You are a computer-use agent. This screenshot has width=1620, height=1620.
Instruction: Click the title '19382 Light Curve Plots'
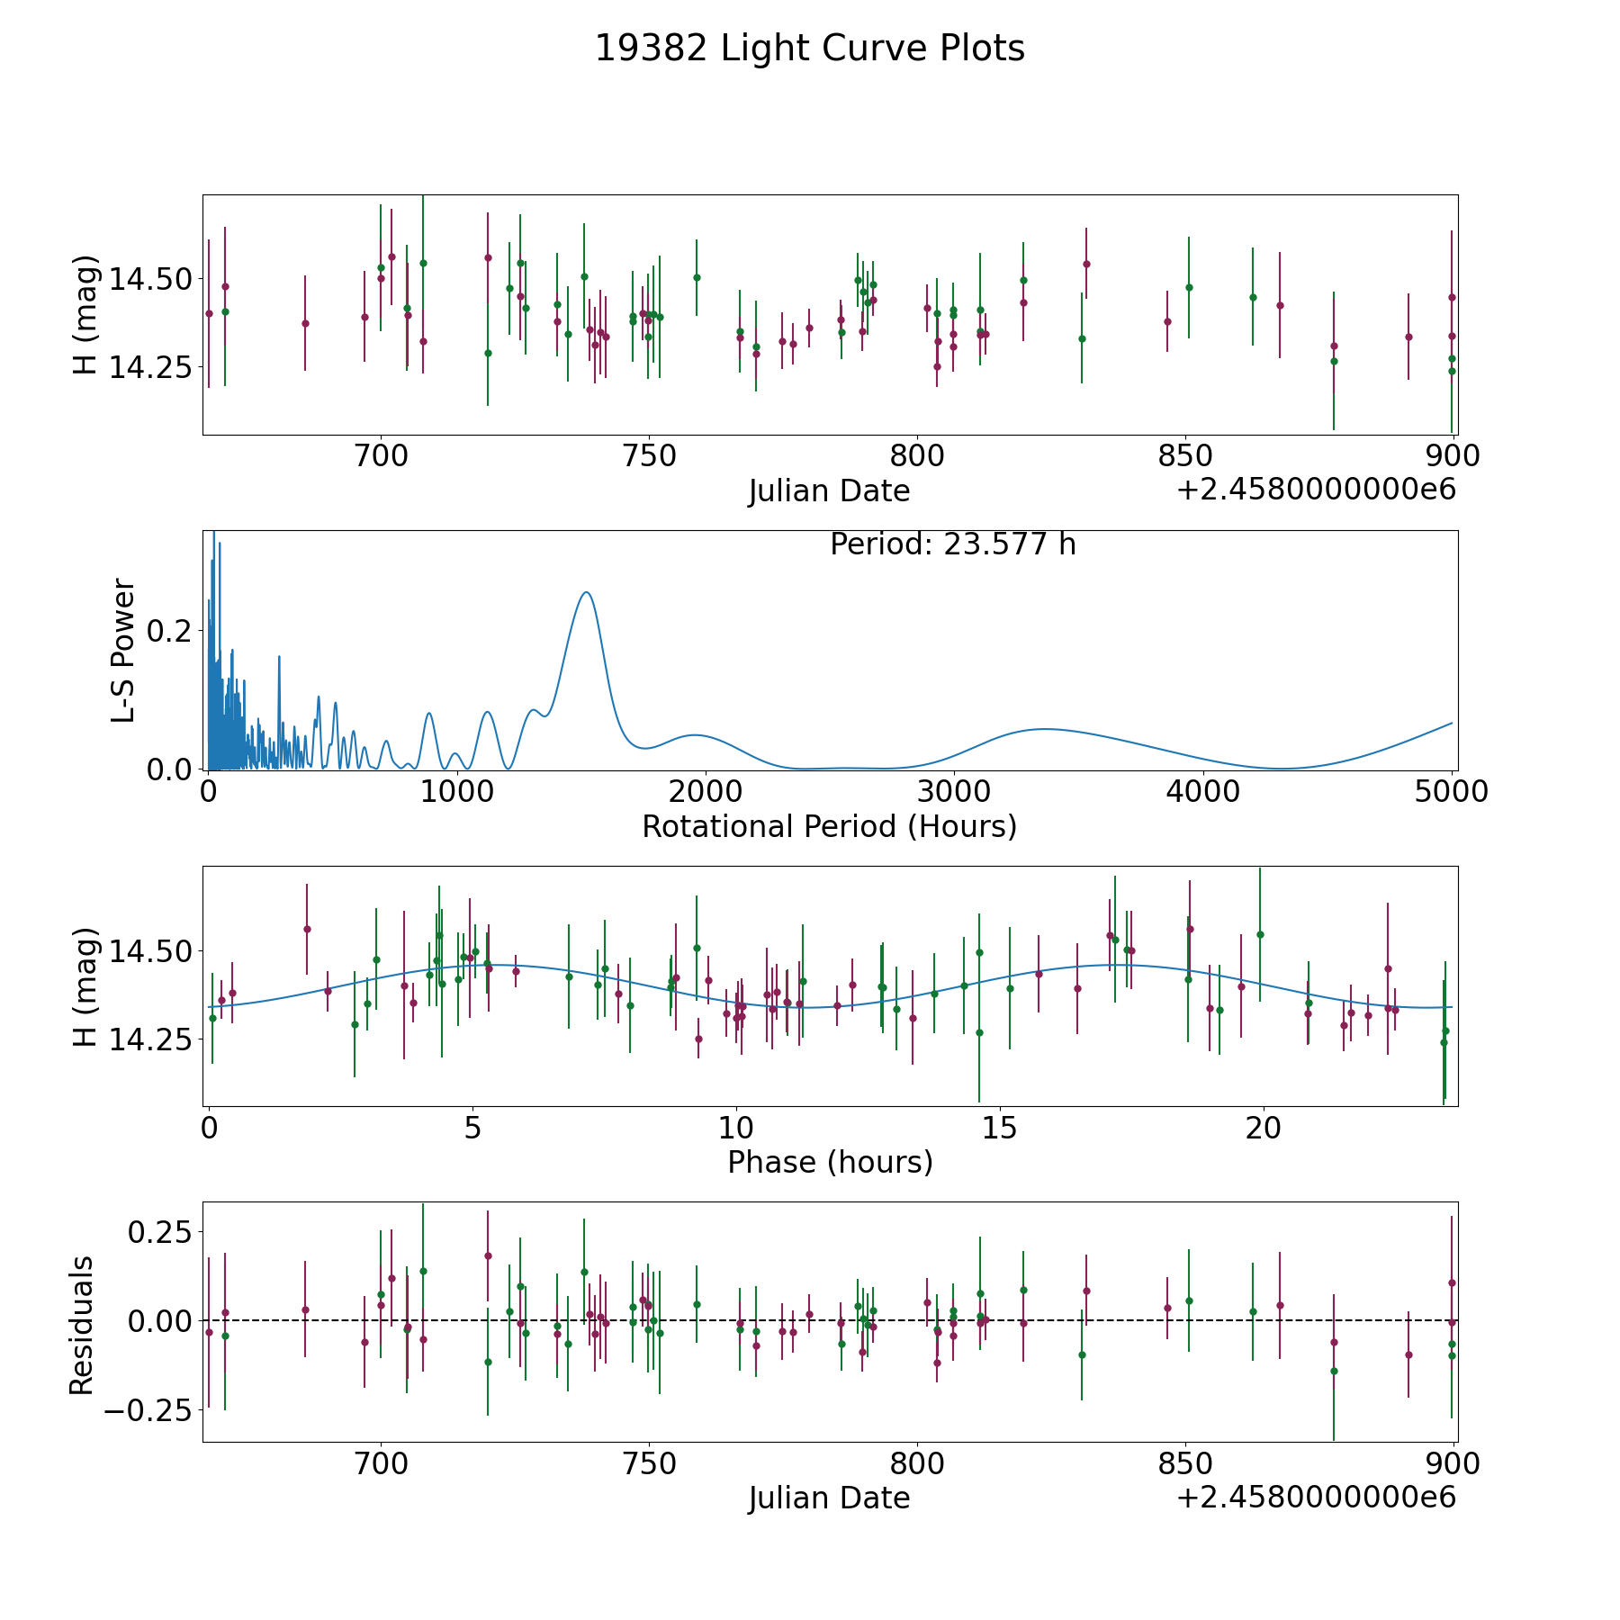(x=809, y=49)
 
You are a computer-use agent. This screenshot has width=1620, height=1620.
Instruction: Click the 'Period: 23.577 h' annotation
(x=952, y=545)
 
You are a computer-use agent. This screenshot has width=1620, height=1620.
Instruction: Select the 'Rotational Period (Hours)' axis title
(x=829, y=826)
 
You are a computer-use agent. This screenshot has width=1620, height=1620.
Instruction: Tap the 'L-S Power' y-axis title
(x=123, y=650)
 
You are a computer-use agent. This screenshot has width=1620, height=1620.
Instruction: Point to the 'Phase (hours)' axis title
(x=830, y=1162)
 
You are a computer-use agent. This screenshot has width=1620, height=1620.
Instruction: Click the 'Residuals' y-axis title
(x=82, y=1325)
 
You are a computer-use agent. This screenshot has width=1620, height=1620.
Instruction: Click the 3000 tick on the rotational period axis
(x=954, y=792)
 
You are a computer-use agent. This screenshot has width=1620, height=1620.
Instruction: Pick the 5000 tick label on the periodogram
(x=1452, y=792)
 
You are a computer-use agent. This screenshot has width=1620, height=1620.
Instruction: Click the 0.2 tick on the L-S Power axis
(x=170, y=630)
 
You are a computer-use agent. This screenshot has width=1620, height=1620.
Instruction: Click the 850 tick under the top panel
(x=1185, y=456)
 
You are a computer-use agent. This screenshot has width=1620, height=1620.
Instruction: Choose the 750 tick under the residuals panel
(x=649, y=1464)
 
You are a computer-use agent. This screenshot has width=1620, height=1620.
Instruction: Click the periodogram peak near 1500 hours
(x=587, y=592)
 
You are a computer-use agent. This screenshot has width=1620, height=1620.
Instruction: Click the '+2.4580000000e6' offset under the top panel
(x=1316, y=490)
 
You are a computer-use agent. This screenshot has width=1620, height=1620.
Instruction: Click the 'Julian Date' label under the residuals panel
(x=829, y=1498)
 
